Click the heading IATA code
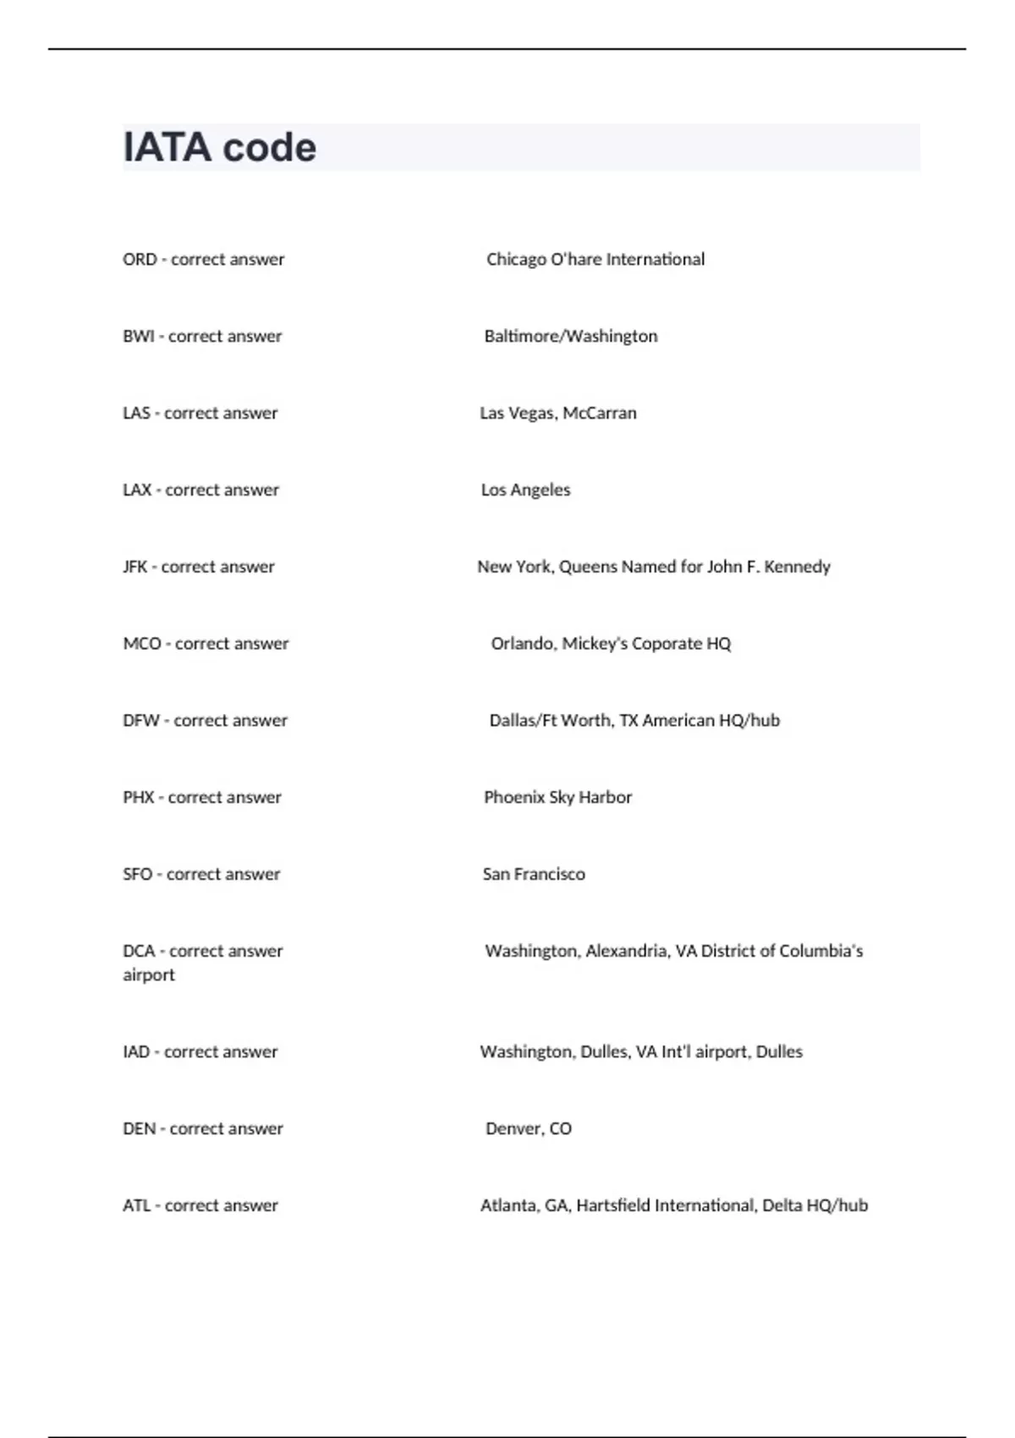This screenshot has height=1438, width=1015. (220, 148)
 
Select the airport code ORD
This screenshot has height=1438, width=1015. (140, 260)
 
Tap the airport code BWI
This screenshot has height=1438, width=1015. (139, 337)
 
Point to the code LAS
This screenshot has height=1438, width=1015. (136, 414)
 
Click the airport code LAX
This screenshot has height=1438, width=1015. (137, 491)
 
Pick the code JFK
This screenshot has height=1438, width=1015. (134, 567)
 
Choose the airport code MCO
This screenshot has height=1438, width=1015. (142, 644)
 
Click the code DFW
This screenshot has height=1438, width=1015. (141, 721)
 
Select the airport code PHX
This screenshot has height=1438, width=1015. (139, 798)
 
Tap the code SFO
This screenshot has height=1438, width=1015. (138, 875)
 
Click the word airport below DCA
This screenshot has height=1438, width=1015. (149, 975)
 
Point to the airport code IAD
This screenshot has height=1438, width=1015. (136, 1052)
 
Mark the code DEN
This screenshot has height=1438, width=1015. (140, 1129)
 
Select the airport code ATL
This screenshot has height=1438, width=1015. (136, 1206)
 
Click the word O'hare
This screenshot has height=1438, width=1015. (576, 260)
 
